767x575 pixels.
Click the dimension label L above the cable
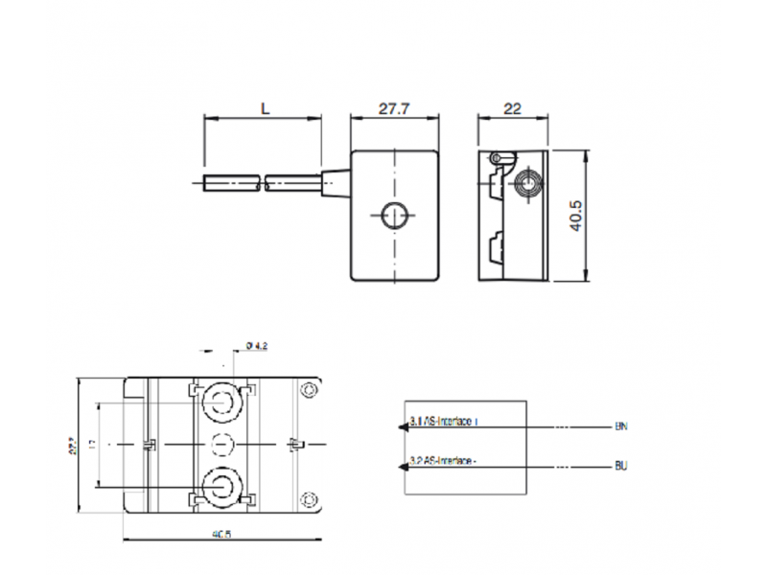[264, 108]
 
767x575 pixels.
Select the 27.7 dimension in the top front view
[393, 108]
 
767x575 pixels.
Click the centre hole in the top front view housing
[393, 217]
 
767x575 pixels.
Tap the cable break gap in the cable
[262, 182]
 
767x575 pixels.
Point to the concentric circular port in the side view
[525, 182]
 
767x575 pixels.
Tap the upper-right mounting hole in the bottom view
[309, 390]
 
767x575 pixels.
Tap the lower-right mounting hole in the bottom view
[309, 497]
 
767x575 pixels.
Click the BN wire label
[620, 425]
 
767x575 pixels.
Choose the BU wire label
[620, 467]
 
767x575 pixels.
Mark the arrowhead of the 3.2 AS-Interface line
[399, 467]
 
